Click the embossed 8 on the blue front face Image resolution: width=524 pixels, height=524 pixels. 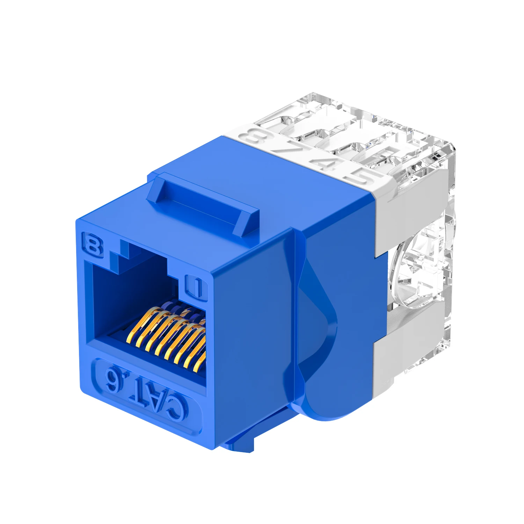[x=93, y=246]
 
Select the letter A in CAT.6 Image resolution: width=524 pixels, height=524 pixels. [x=152, y=398]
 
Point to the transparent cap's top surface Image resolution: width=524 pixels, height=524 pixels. [x=349, y=119]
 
